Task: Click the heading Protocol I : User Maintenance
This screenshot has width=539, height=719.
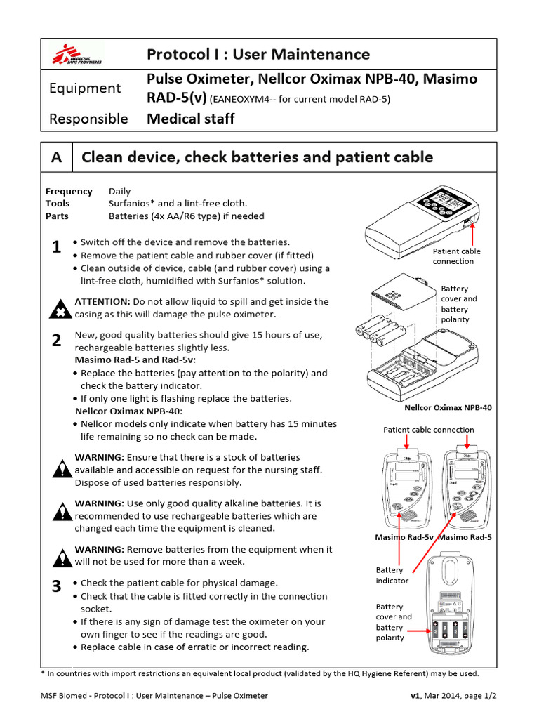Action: [258, 54]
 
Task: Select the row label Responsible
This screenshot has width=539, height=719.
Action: [88, 119]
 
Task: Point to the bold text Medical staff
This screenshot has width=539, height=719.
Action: [190, 119]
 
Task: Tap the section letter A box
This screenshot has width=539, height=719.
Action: [58, 157]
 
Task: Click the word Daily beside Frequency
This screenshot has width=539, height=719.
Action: [119, 191]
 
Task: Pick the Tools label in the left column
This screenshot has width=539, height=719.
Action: [58, 204]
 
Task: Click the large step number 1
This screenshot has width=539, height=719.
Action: [57, 247]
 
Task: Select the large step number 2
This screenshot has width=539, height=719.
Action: [57, 341]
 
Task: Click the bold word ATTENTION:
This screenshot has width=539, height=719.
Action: [102, 301]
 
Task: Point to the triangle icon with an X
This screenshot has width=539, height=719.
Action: [62, 308]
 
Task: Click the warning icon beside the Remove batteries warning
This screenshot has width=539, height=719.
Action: [62, 556]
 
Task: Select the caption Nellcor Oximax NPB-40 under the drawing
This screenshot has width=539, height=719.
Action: [448, 407]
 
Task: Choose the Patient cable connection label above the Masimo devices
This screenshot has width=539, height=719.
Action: [428, 430]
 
